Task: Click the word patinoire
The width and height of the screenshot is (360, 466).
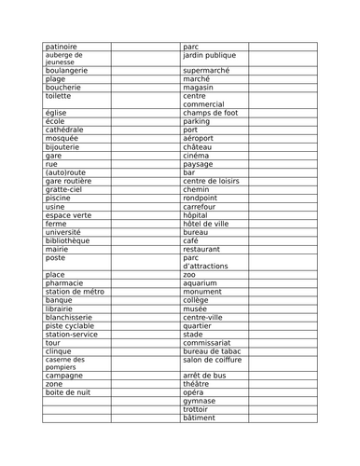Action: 62,46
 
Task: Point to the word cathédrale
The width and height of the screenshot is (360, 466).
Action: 64,130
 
